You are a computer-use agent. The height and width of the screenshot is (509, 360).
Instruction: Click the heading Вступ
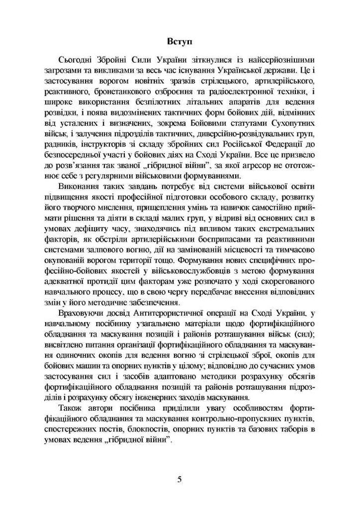point(179,40)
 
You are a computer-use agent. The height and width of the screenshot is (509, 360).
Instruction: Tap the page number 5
point(179,479)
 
